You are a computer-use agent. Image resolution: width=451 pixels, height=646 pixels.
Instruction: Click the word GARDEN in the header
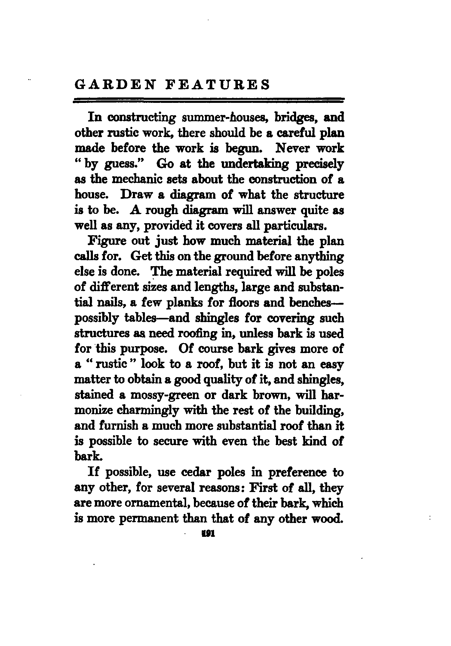115,85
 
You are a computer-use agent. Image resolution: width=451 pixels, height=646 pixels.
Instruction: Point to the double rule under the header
209,100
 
